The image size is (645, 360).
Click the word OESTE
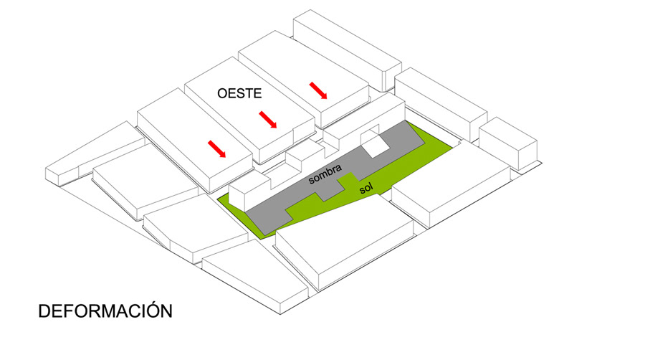pos(239,93)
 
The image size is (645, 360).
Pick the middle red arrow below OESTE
pos(267,120)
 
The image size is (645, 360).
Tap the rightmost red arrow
pos(319,91)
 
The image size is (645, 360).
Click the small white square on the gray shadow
pos(376,146)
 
